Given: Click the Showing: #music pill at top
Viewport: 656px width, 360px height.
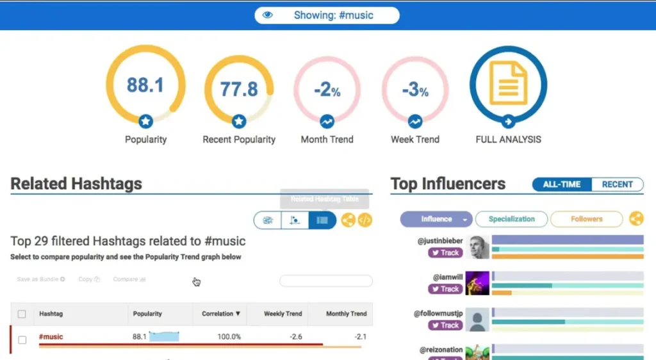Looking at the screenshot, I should (x=327, y=15).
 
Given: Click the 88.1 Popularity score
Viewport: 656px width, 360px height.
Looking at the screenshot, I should (x=145, y=85).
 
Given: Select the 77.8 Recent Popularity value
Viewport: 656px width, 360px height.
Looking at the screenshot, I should (x=239, y=88).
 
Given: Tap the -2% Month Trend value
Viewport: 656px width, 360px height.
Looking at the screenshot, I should (x=327, y=90).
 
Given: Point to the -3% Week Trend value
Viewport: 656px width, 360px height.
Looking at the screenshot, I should (x=415, y=90).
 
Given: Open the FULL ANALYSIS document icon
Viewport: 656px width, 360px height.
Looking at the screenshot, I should (x=508, y=83).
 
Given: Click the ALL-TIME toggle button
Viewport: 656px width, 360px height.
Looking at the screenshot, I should (x=562, y=184).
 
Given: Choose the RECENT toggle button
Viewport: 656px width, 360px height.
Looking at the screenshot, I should (x=617, y=184).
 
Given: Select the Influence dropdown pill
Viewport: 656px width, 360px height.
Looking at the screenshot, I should (x=436, y=219).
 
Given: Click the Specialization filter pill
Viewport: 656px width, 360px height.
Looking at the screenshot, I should (x=511, y=219).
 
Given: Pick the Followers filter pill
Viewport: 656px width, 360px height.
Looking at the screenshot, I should (x=586, y=219).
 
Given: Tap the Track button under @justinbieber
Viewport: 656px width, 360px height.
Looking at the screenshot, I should (x=445, y=253).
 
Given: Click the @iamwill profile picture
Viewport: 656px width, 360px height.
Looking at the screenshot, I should (x=477, y=283).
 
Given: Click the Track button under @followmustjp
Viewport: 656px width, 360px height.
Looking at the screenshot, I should (x=445, y=325).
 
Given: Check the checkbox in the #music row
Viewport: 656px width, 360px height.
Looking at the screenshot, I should (x=22, y=340).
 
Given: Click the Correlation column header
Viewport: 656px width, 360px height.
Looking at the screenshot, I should (x=221, y=314).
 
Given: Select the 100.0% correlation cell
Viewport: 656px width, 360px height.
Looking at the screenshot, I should (x=229, y=337).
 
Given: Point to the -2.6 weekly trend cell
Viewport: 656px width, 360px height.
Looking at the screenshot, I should (x=295, y=337).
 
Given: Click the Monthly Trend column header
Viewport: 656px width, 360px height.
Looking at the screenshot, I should (x=346, y=314).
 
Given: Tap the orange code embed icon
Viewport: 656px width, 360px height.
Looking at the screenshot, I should (x=365, y=220).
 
